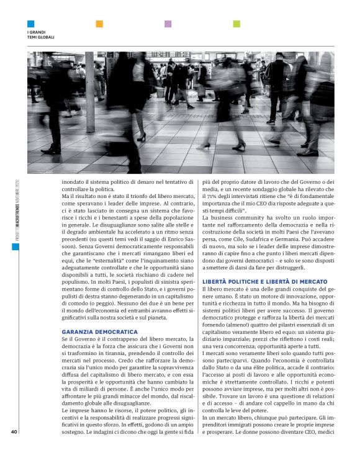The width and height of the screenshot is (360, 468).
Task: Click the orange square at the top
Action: tap(99, 24)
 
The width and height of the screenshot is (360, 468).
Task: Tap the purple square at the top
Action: tap(168, 24)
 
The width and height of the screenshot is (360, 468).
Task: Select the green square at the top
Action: tap(236, 24)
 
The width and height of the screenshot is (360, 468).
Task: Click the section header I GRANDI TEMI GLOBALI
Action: tap(41, 34)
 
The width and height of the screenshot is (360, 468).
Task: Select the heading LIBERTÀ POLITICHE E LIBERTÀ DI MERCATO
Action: tap(264, 281)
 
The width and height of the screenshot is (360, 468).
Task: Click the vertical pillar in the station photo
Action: tap(90, 93)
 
